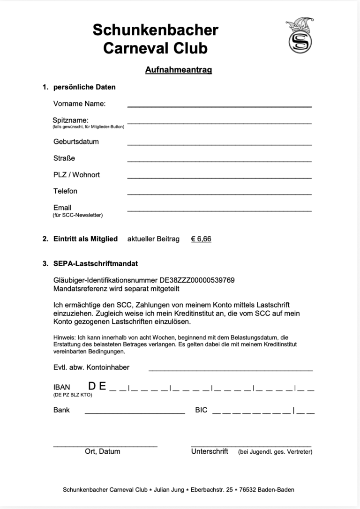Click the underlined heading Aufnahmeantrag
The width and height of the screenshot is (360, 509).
tap(179, 70)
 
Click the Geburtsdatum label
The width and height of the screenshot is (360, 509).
tap(76, 142)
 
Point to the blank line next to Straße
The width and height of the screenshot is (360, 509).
tap(219, 161)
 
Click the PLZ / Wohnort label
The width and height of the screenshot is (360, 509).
tap(76, 175)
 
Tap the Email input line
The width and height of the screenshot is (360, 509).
tap(219, 210)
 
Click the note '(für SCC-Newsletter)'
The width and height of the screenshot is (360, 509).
tap(77, 216)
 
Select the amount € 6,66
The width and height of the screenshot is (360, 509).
tap(201, 239)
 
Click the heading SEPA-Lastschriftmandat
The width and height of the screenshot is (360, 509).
tap(96, 264)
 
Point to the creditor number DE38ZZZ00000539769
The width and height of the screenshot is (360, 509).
tap(197, 280)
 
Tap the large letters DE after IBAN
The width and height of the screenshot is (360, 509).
tap(97, 387)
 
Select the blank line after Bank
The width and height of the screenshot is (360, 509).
tap(135, 412)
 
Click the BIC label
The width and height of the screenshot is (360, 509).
tap(201, 410)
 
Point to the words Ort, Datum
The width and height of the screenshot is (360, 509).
tap(102, 451)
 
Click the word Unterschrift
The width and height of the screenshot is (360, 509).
tap(210, 451)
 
